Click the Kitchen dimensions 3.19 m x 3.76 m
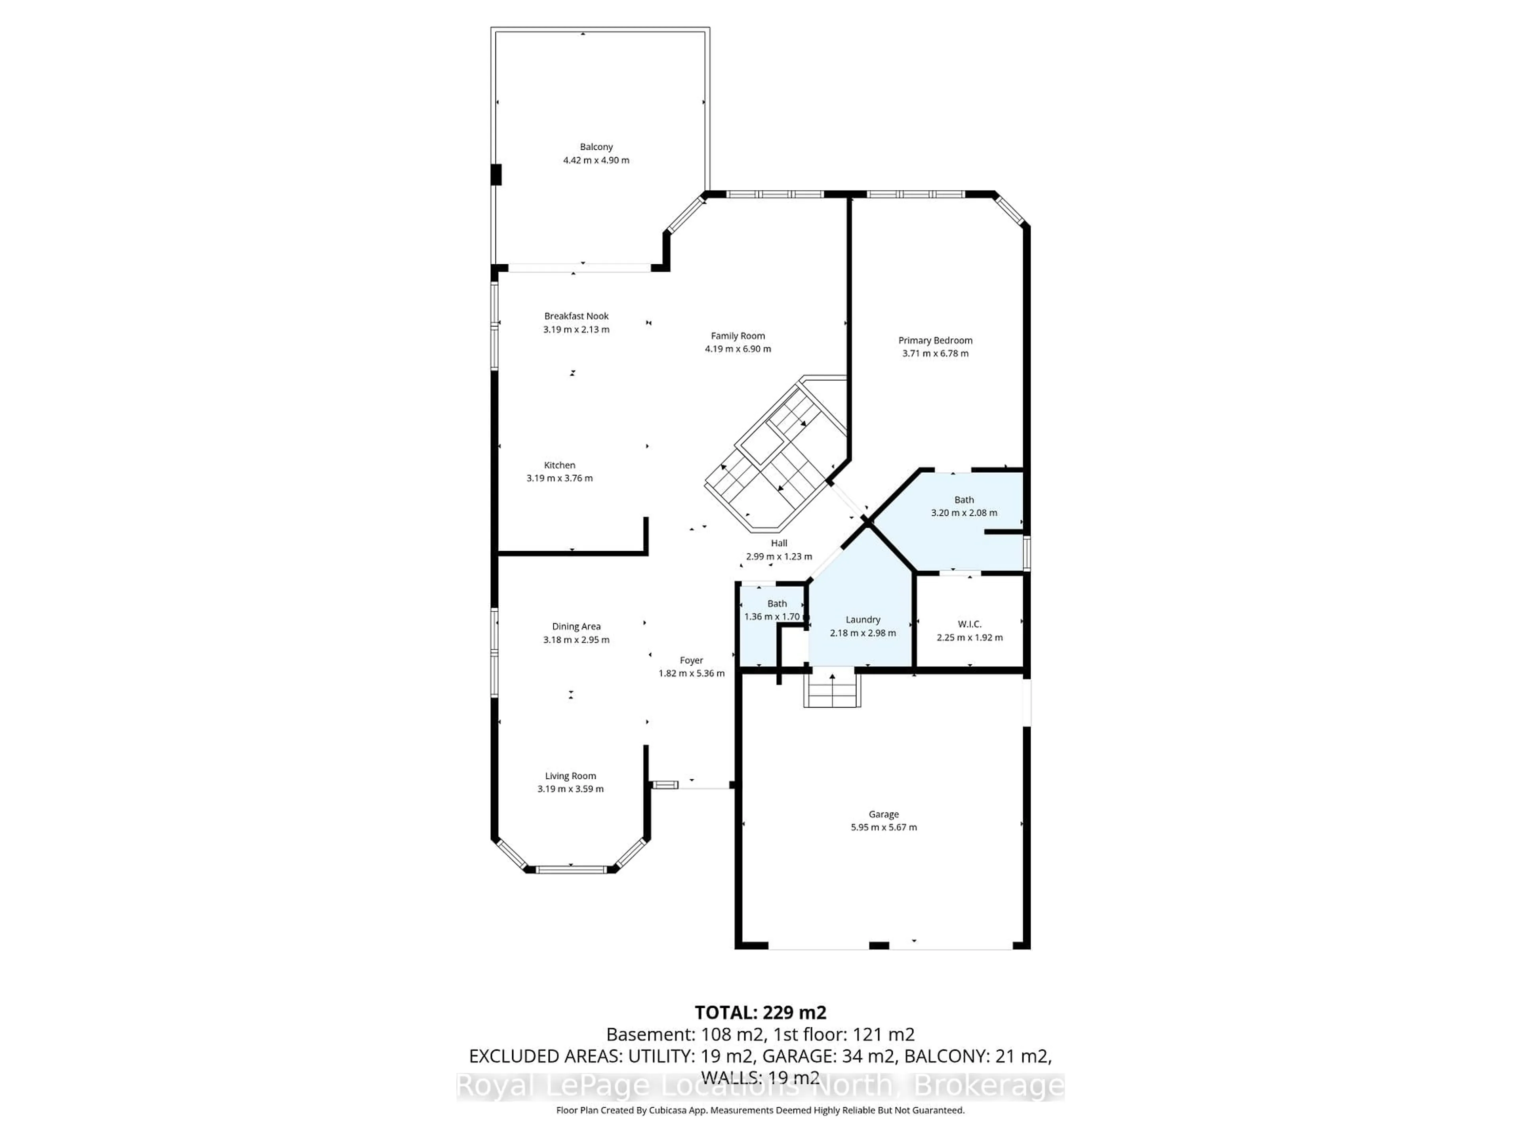click(559, 478)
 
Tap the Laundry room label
click(862, 619)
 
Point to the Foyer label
click(691, 660)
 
